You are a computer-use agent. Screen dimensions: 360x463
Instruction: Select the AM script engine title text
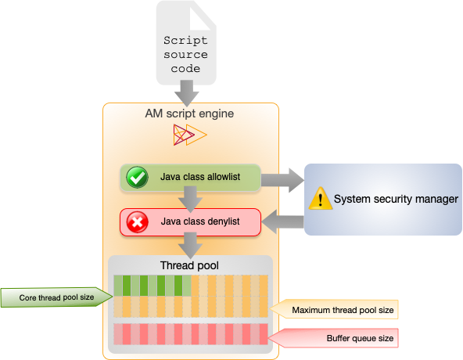click(189, 113)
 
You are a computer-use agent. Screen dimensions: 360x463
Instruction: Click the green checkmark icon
click(138, 178)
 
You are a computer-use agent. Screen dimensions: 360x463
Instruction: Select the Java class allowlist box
click(189, 178)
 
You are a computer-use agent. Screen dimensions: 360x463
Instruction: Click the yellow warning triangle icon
click(320, 199)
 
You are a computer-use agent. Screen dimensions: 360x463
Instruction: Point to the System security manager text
click(395, 200)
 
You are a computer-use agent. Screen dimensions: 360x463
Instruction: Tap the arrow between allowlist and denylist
click(188, 200)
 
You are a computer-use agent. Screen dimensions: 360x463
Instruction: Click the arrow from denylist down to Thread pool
click(188, 245)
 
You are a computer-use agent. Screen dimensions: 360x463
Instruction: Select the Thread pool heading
click(189, 265)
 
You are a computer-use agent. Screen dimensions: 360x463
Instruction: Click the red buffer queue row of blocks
click(190, 334)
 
